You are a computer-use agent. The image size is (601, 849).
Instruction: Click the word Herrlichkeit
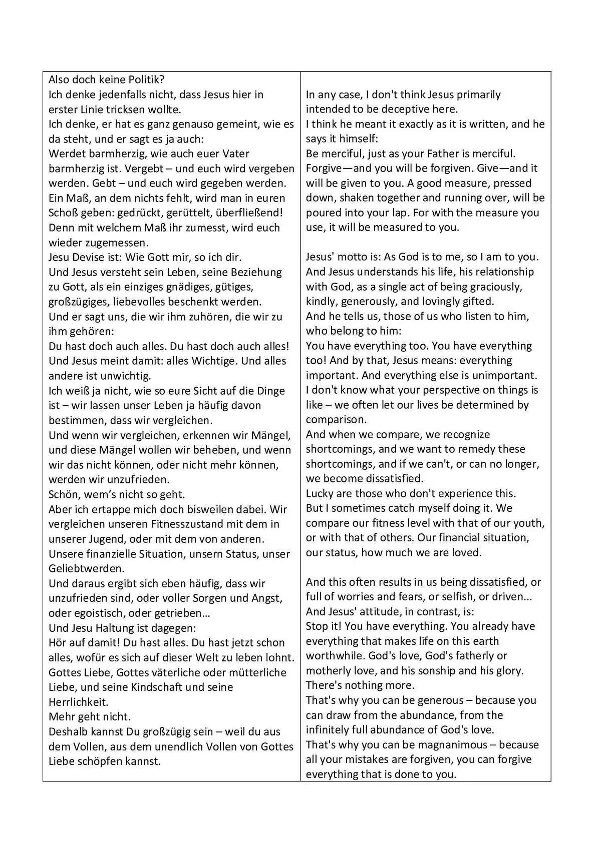point(78,701)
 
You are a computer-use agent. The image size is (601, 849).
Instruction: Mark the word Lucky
point(319,493)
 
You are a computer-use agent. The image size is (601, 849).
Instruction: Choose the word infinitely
point(330,729)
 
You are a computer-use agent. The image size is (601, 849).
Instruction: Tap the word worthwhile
point(336,656)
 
